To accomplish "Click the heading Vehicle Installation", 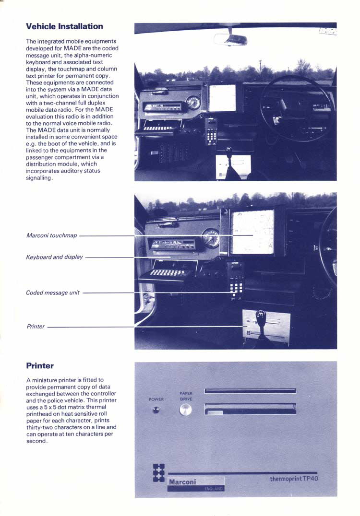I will click(64, 26).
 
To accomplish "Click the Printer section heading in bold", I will click(40, 366).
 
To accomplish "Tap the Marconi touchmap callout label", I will click(51, 235).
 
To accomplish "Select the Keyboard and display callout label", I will click(54, 257).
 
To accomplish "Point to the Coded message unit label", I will click(53, 293).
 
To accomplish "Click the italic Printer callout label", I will click(35, 327).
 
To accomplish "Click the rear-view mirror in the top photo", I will click(231, 39).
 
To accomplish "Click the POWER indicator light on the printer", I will click(156, 410).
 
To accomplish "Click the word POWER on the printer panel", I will click(156, 399).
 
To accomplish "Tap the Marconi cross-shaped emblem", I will click(158, 473).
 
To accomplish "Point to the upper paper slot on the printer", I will click(250, 391).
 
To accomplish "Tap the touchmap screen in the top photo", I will click(222, 98).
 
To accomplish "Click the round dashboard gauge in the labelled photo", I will click(210, 237).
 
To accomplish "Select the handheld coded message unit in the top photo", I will click(211, 130).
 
